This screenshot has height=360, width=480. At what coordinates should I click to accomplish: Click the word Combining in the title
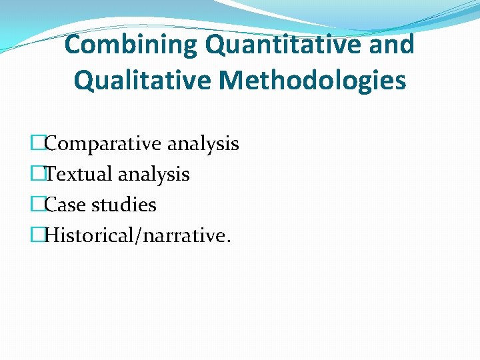(131, 45)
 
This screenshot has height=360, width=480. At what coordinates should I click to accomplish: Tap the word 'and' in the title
(394, 45)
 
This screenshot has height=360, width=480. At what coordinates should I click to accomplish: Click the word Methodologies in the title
(312, 81)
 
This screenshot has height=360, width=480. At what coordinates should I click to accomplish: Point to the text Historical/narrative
(137, 235)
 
